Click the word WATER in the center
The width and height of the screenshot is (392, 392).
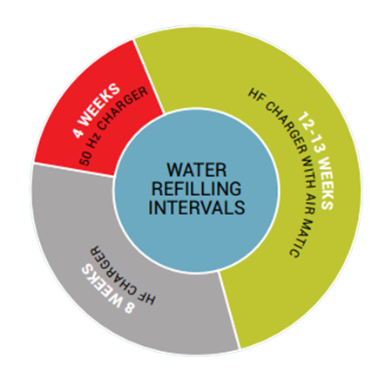click(197, 170)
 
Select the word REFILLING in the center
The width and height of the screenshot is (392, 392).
click(196, 188)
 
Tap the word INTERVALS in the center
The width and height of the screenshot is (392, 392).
click(197, 207)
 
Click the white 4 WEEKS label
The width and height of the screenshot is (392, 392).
click(97, 111)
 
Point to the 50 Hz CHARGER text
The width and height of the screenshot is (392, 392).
click(114, 126)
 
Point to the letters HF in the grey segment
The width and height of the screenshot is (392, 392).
click(147, 297)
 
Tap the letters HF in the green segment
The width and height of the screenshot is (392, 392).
click(256, 95)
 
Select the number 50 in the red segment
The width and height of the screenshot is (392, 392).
click(85, 159)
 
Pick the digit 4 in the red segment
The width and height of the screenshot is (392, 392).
click(78, 132)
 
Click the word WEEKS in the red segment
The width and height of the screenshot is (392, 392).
click(100, 105)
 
